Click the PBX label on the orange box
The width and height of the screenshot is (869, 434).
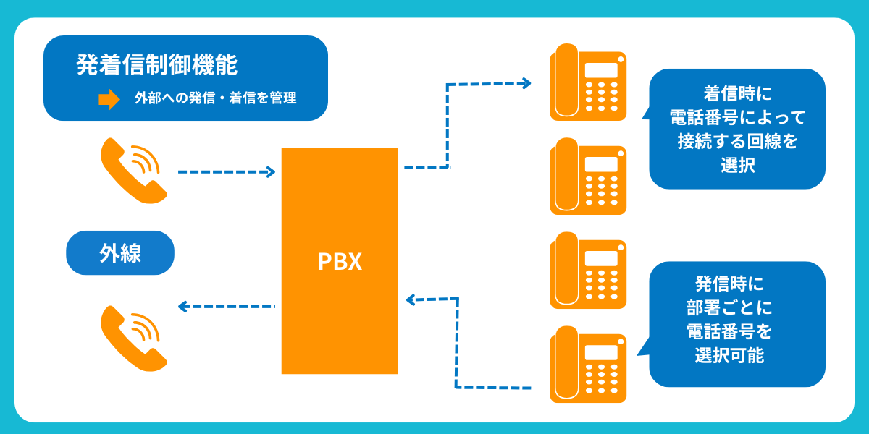coord(340,261)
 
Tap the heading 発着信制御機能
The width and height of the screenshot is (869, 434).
coord(157,64)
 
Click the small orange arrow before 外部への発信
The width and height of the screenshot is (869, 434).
coord(109,99)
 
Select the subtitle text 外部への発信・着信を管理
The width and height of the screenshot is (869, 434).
coord(215,98)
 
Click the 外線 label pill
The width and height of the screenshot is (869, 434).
coord(120,253)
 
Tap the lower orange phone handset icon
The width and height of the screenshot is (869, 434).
coord(134,338)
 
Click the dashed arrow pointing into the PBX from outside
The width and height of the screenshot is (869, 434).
coord(226,172)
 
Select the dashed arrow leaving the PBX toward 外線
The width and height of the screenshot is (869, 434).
coord(226,307)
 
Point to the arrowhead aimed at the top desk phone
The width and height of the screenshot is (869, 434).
coord(526,84)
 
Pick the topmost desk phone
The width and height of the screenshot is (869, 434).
coord(587,82)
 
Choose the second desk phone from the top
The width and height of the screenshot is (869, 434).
coord(587,176)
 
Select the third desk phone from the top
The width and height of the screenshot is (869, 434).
coord(587,270)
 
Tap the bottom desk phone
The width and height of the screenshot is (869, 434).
coord(587,364)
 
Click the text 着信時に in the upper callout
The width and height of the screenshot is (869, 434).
coord(737,94)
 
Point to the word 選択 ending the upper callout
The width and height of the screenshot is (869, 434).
coord(737,165)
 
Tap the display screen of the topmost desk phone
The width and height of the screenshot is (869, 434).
coord(601,70)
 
